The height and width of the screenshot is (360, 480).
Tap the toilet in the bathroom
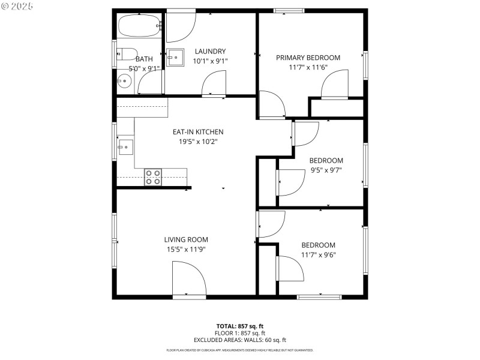click(x=127, y=55)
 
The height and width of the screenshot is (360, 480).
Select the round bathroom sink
click(x=124, y=81)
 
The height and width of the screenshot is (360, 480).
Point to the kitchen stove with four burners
click(x=152, y=177)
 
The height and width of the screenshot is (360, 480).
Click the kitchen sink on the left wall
click(x=125, y=146)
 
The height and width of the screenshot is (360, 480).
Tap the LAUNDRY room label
click(x=209, y=52)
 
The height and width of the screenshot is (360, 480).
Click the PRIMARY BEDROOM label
click(x=308, y=58)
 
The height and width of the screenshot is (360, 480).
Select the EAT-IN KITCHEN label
click(x=198, y=132)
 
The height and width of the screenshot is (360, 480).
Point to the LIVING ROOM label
click(x=186, y=239)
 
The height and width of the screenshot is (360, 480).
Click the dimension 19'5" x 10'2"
click(x=198, y=142)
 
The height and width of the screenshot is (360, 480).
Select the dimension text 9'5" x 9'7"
click(x=326, y=170)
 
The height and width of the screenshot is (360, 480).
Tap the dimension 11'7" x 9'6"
click(x=318, y=254)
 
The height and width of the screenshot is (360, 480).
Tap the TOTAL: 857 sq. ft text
click(x=239, y=326)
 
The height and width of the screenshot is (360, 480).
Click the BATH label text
click(x=144, y=59)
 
